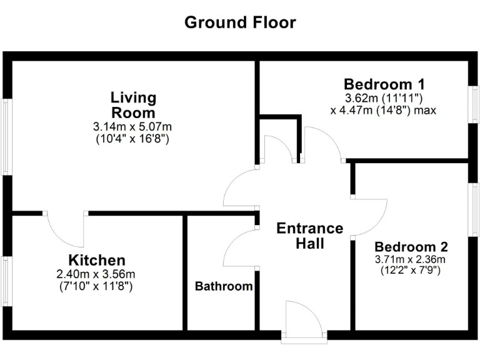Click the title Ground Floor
click(x=240, y=23)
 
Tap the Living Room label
click(x=133, y=105)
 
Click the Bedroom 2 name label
click(x=411, y=246)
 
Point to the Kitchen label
click(x=97, y=260)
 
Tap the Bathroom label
click(x=224, y=287)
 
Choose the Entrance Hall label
click(x=309, y=236)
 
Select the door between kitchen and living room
click(x=66, y=229)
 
